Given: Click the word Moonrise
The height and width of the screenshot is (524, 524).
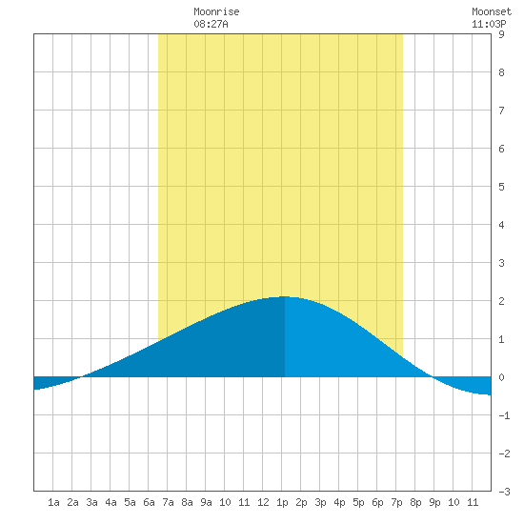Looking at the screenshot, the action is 216,11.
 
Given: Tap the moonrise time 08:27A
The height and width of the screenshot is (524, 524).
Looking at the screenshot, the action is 211,24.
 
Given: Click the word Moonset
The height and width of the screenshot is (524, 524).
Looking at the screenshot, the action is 492,11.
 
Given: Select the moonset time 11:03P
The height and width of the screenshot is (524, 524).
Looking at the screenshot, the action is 489,24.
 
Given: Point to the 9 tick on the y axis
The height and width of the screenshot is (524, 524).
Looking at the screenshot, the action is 501,34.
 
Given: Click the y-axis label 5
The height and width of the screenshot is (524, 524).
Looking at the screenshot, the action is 501,187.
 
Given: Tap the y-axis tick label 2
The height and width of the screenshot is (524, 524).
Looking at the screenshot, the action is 501,301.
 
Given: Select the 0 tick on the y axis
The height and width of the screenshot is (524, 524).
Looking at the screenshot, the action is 501,377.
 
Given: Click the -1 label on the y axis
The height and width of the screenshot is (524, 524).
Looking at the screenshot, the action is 504,415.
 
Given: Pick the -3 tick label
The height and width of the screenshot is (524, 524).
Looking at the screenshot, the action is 504,492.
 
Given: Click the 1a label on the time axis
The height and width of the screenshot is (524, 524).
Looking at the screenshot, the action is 53,502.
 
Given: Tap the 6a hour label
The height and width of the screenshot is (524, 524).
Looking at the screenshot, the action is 149,502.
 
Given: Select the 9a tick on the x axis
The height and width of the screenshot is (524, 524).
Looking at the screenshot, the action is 206,502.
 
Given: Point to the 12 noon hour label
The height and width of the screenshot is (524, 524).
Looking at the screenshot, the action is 263,502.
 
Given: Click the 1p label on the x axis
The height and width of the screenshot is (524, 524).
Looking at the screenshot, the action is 282,502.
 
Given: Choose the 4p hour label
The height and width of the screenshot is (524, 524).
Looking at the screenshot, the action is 339,502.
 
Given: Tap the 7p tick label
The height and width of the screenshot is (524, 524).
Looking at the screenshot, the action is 396,502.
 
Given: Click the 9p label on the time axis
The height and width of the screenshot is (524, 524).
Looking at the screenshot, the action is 434,502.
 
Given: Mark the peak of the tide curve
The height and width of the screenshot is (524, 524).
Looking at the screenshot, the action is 284,296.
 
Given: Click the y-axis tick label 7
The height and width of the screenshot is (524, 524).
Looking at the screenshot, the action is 501,111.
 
